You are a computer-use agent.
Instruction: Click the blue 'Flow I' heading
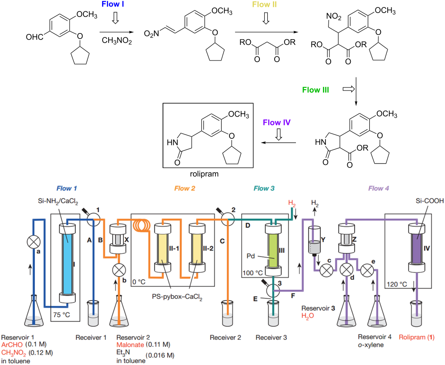[114, 5]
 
